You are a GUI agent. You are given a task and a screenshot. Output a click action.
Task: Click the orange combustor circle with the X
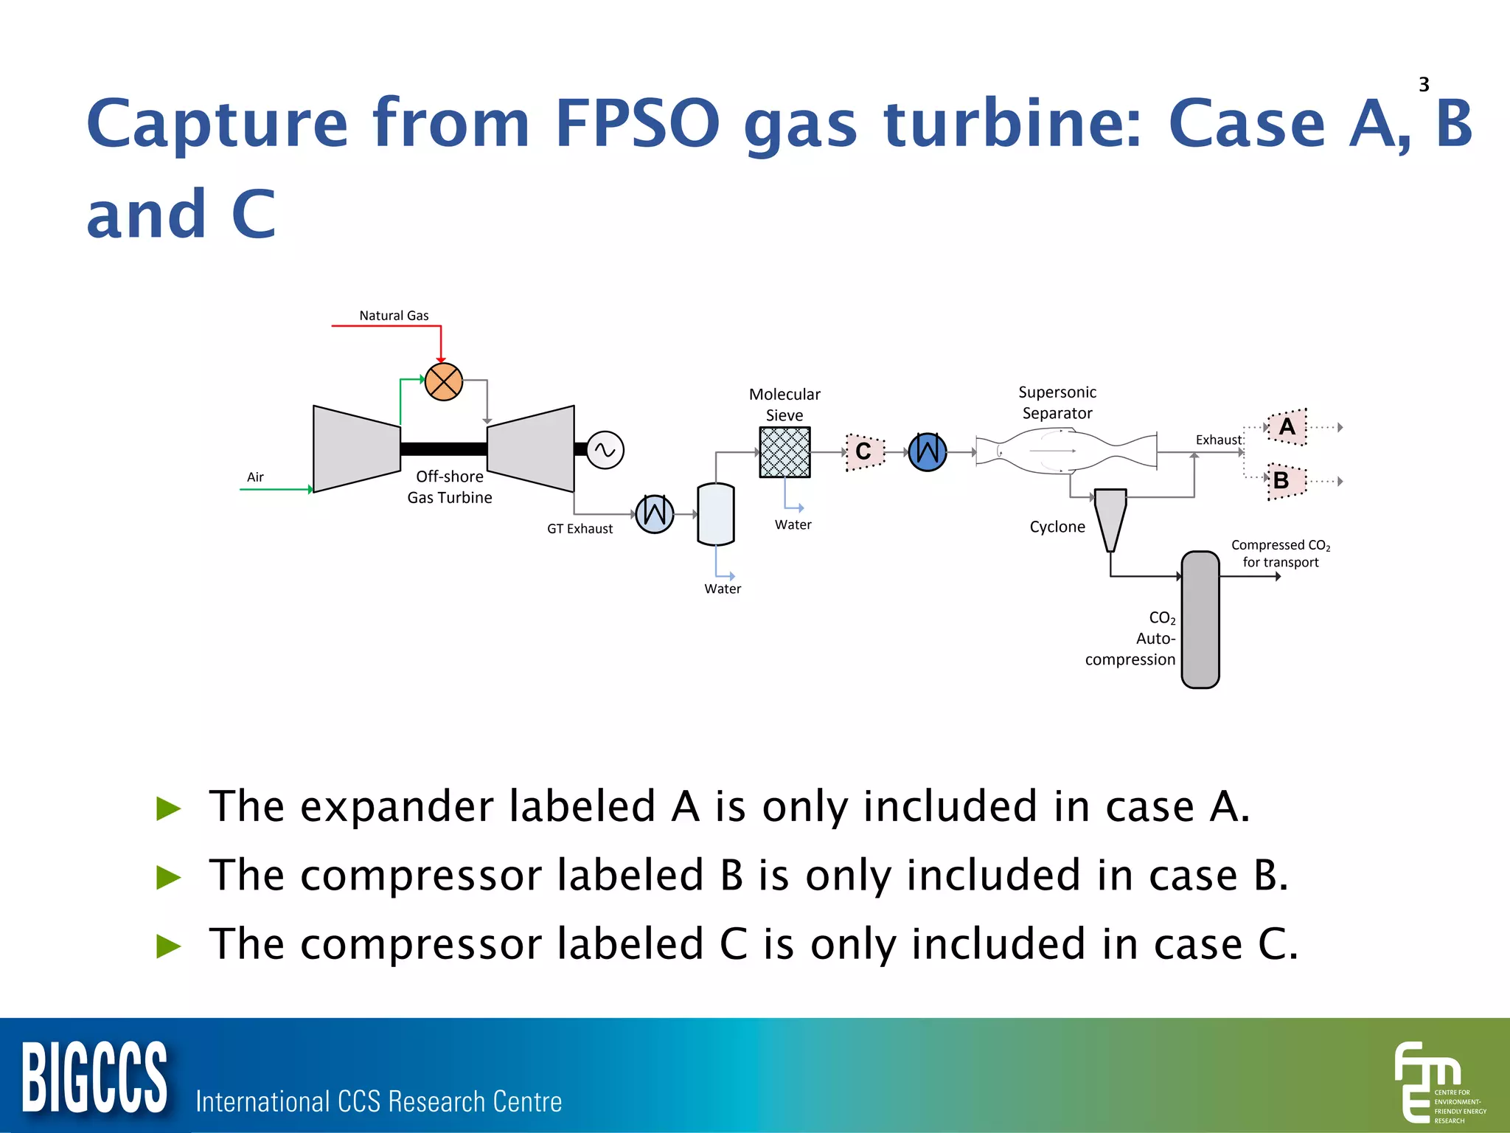coord(444,381)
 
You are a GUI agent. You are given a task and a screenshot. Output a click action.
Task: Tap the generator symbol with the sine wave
coord(605,450)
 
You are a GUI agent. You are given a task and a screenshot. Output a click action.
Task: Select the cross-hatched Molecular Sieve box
coord(784,452)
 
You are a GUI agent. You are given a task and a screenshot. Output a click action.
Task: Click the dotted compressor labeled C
coord(864,451)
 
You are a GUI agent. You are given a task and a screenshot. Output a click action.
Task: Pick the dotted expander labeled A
coord(1287,427)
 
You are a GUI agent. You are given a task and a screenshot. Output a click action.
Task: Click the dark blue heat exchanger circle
coord(928,451)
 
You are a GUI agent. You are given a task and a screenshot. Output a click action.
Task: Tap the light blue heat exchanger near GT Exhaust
coord(655,513)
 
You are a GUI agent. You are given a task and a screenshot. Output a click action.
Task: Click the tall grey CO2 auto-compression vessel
coord(1200,620)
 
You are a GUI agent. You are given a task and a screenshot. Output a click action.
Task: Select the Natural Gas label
coord(394,316)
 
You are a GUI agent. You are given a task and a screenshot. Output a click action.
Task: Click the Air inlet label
coord(255,477)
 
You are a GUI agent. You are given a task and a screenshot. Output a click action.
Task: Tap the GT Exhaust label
coord(580,529)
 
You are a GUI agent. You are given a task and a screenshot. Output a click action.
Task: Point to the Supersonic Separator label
coord(1057,403)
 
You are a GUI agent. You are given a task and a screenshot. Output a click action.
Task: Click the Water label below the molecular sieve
coord(793,525)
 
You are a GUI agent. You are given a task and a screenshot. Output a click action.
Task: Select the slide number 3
coord(1424,85)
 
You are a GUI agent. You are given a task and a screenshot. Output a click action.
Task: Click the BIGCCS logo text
coord(94,1078)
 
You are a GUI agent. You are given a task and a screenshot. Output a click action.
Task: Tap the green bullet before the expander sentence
coord(169,808)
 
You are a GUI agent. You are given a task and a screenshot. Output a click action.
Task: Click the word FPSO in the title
coord(638,123)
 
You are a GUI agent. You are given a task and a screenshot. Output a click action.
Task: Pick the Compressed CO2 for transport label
coord(1281,553)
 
